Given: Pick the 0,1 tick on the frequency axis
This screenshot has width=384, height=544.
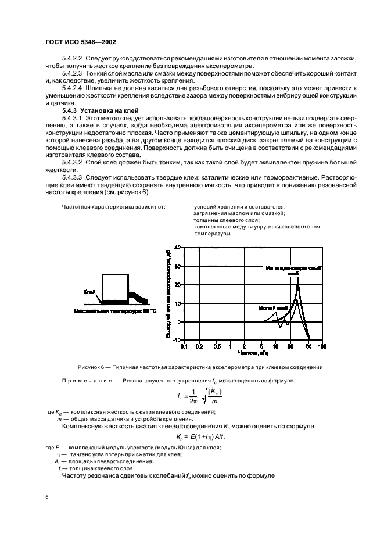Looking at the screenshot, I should [x=184, y=346].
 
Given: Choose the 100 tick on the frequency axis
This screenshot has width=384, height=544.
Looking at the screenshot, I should [x=322, y=346].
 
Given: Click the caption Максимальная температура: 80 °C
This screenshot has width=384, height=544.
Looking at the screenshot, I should [x=116, y=312].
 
